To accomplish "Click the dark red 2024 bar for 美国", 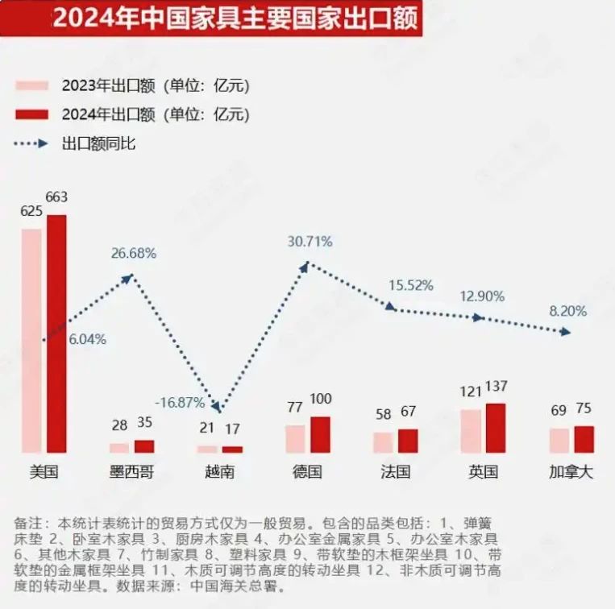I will (56, 333).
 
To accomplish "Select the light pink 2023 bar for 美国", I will (31, 341).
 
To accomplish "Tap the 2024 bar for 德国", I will (320, 434).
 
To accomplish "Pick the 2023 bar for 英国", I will (471, 431).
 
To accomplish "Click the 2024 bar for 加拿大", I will (584, 439).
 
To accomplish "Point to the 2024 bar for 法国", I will (408, 441).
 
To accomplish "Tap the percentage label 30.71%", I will (310, 242).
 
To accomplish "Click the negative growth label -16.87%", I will (178, 401).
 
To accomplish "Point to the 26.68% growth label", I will (134, 253).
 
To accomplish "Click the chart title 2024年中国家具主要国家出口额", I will (235, 19).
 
